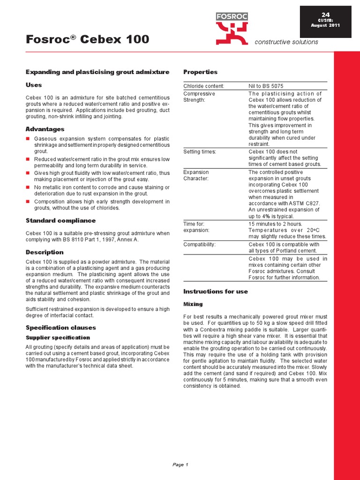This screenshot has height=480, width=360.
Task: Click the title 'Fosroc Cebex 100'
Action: [87, 39]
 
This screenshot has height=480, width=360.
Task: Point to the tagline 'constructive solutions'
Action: [286, 42]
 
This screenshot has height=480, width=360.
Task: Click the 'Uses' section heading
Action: [34, 85]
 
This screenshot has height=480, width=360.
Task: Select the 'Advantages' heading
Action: [45, 129]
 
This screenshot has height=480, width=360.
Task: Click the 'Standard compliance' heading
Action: [60, 220]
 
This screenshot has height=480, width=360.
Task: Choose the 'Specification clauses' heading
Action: [60, 328]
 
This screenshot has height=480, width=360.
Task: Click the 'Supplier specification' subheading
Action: [57, 337]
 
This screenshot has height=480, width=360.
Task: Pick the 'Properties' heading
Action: [200, 72]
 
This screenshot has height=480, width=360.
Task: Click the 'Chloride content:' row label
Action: [204, 86]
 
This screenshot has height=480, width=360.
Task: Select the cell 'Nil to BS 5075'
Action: [266, 86]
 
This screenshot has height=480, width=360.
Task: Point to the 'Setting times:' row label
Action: [200, 151]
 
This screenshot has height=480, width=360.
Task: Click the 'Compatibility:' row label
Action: [200, 244]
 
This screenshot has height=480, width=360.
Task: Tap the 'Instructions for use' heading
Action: [215, 292]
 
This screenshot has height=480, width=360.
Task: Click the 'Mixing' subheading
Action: [193, 304]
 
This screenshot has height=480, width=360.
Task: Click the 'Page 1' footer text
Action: [180, 465]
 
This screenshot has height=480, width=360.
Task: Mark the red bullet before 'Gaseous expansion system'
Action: [28, 139]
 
